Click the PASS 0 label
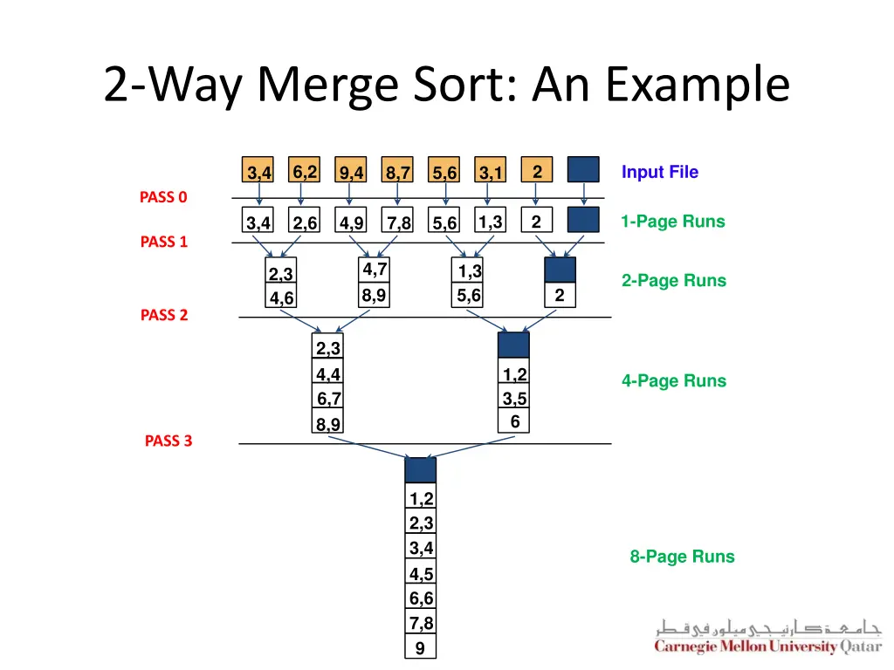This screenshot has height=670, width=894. [163, 197]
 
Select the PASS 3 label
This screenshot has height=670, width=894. [168, 441]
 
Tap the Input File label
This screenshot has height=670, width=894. [660, 172]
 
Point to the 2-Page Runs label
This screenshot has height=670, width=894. [674, 280]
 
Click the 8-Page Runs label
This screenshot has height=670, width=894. [682, 556]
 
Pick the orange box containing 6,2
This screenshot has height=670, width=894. [305, 169]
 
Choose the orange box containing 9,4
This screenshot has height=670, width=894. [351, 169]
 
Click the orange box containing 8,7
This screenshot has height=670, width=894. [397, 169]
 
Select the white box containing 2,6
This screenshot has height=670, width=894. [305, 220]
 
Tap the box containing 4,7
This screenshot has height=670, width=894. [374, 270]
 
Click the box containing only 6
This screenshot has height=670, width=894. [513, 420]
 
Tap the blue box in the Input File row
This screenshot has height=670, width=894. [583, 169]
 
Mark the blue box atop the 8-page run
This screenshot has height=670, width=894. [421, 470]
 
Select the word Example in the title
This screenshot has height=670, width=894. [698, 85]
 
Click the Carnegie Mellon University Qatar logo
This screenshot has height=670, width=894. [768, 636]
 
